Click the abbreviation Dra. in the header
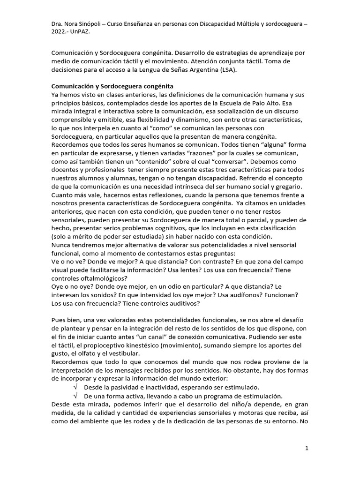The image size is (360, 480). (x=58, y=23)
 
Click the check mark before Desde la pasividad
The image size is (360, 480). (x=75, y=387)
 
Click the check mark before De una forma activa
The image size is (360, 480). (x=75, y=396)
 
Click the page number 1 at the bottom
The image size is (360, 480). (x=307, y=449)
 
